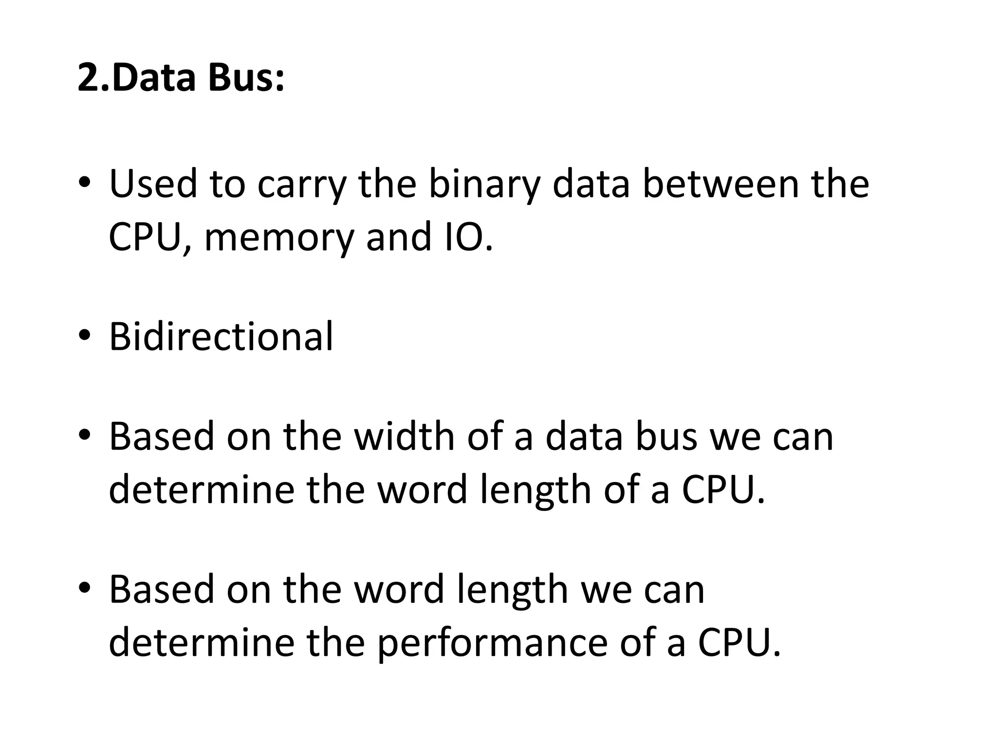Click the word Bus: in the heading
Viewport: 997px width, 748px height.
tap(246, 78)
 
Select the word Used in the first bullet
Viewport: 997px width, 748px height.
tap(153, 184)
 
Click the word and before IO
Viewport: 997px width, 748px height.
tap(398, 237)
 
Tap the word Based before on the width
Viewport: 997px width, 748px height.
tap(162, 436)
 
